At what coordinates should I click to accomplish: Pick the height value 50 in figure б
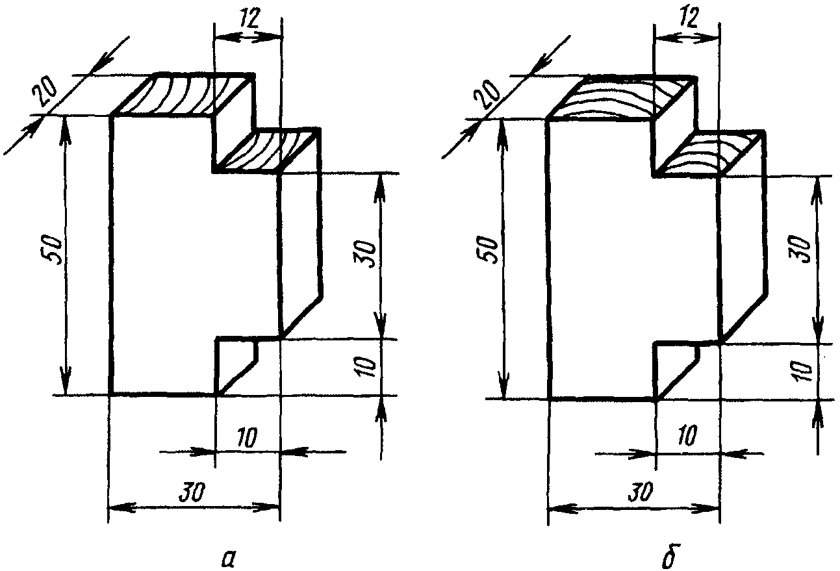click(492, 250)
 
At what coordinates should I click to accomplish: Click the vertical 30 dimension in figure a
click(365, 255)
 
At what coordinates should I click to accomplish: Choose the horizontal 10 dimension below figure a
click(248, 438)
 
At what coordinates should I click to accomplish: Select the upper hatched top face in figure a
click(184, 95)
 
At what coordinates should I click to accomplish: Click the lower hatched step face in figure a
click(268, 150)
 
